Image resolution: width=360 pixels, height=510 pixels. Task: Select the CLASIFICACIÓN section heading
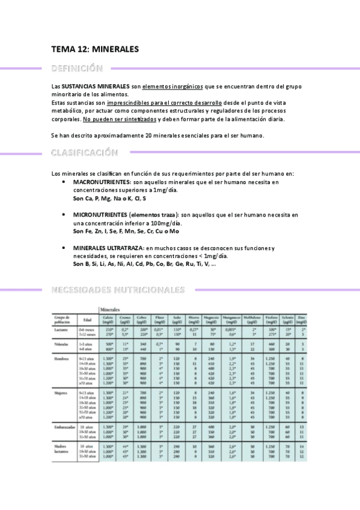84,153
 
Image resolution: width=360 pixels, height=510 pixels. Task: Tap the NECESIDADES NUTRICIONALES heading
118,290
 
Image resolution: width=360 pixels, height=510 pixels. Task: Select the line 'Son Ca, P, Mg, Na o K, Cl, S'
109,198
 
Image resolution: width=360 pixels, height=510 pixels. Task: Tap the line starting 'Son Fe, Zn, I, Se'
117,231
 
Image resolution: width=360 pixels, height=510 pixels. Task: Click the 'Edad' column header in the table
87,319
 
